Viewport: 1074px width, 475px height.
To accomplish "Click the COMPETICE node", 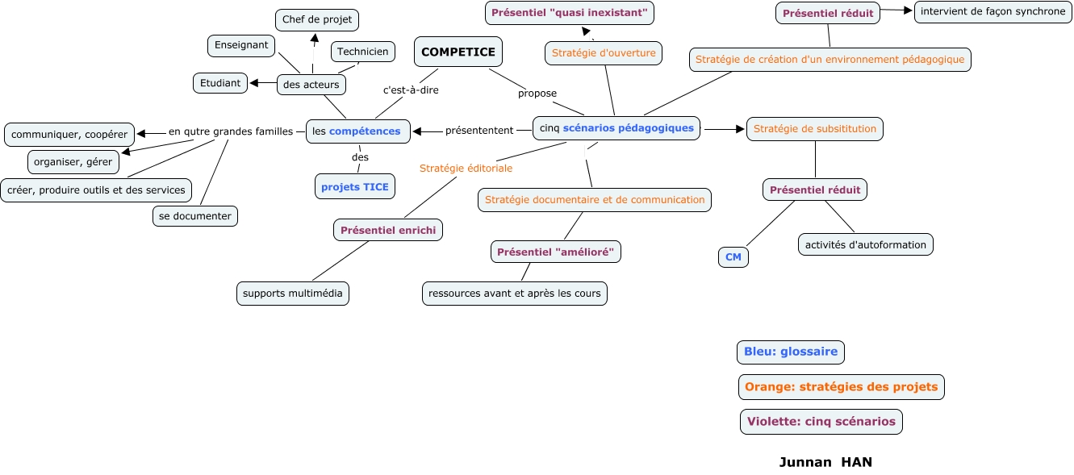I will tap(458, 52).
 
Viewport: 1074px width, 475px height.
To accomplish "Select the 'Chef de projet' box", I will tap(317, 20).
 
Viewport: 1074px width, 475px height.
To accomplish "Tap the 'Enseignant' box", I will tap(242, 45).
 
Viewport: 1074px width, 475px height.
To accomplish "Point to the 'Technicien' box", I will tap(363, 52).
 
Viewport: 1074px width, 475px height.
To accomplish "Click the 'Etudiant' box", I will tap(220, 83).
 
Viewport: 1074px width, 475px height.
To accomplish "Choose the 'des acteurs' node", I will tap(311, 84).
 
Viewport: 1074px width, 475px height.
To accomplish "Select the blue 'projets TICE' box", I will tap(355, 186).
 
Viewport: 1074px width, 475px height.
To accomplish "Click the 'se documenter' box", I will tap(195, 216).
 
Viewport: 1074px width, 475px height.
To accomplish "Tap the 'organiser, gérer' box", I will tap(73, 162).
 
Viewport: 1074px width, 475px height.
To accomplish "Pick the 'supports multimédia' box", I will tap(293, 293).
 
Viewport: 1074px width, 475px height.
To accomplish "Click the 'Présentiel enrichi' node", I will tap(388, 230).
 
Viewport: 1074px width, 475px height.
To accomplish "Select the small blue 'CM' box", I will tap(733, 257).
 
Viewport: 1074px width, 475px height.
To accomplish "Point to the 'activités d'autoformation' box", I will tap(866, 244).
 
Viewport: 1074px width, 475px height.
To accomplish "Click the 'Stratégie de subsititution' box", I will tap(815, 128).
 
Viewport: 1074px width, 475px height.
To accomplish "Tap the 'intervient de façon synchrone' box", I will tap(993, 11).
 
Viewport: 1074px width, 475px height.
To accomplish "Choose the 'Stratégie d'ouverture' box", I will tap(604, 53).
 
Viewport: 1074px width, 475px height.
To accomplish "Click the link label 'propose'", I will tap(537, 94).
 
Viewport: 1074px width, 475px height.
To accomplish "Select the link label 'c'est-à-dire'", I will tap(411, 90).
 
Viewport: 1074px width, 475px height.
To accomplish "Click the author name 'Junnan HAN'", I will tap(825, 462).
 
